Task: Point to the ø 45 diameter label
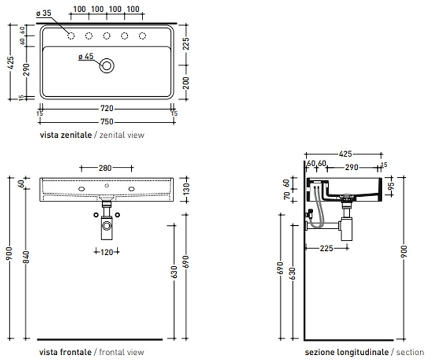coord(85,57)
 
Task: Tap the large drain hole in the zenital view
coord(107,65)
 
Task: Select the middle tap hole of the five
coord(107,36)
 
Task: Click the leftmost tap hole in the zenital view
coord(71,36)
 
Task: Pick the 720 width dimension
coord(107,109)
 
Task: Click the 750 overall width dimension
coord(107,121)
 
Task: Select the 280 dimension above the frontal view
coord(105,168)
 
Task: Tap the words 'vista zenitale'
coord(65,135)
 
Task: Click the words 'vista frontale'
coord(65,352)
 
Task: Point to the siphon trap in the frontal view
coord(107,225)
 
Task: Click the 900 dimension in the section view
coord(405,251)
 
